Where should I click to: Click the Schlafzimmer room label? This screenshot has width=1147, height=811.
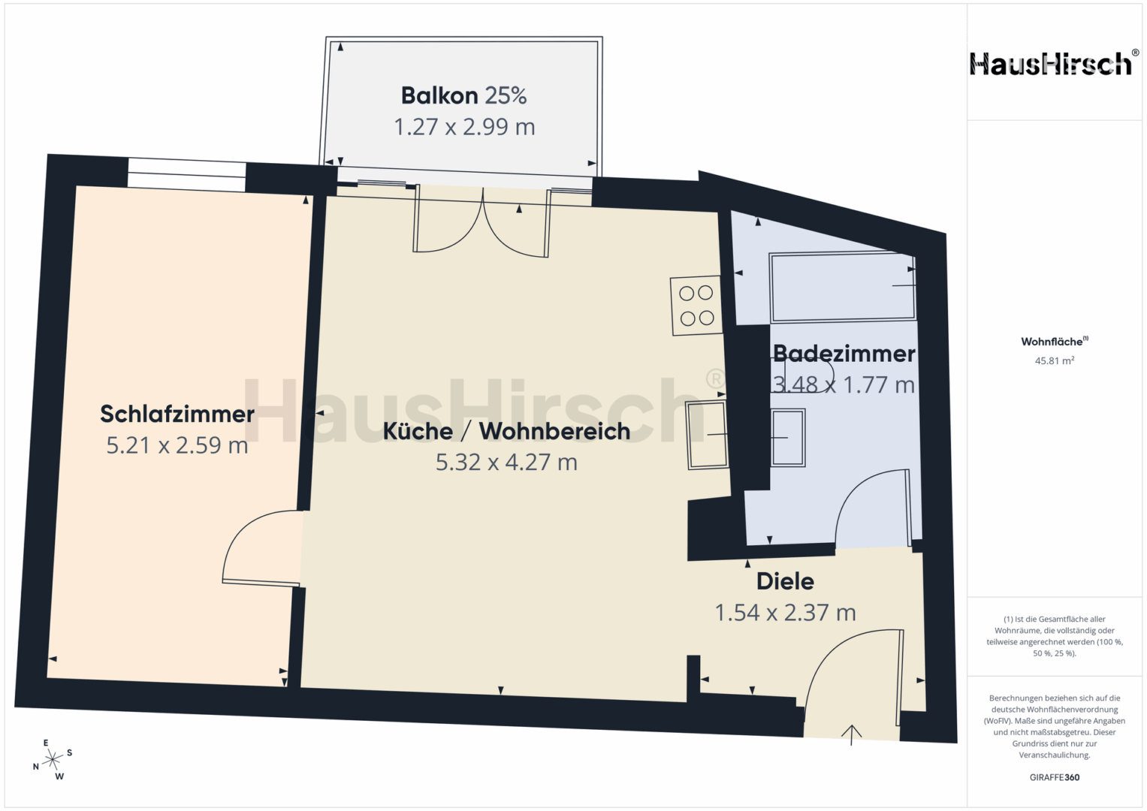177,415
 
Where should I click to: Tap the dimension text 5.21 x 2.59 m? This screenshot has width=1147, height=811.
177,445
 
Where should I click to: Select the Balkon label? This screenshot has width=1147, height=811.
439,96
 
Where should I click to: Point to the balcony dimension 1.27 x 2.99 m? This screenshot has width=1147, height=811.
464,126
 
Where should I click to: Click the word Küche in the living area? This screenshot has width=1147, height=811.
418,431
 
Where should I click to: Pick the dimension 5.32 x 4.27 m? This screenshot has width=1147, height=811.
506,462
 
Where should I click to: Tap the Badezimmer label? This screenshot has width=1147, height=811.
844,354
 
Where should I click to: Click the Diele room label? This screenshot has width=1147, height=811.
785,581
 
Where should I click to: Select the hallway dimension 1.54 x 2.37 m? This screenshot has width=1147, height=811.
785,612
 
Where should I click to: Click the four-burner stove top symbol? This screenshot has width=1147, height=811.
696,306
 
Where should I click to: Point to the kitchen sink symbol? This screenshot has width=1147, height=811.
708,435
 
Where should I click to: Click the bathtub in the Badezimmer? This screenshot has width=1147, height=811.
843,287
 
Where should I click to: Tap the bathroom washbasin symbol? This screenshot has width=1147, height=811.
788,437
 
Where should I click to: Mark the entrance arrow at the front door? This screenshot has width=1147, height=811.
852,734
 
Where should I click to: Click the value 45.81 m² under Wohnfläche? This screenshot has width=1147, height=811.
1055,360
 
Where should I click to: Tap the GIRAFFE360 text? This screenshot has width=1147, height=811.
1055,777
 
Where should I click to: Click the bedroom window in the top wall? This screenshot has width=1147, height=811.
187,175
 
